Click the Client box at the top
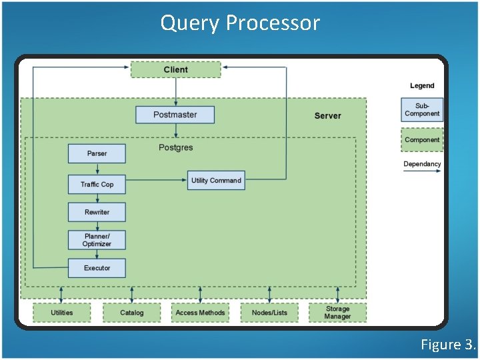(175, 69)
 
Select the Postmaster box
(175, 115)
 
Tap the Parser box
(97, 153)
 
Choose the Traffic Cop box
(97, 184)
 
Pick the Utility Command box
(216, 181)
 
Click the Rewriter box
(97, 212)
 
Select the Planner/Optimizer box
(97, 240)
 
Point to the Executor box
(97, 268)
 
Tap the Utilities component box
(62, 313)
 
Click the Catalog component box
(132, 313)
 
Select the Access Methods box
(200, 313)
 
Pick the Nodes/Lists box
(269, 313)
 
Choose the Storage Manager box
(337, 313)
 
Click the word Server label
(327, 116)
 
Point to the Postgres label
(175, 147)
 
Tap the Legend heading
(422, 86)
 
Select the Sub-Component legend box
(422, 110)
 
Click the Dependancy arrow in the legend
(422, 171)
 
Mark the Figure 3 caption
(448, 345)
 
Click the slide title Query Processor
(240, 23)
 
